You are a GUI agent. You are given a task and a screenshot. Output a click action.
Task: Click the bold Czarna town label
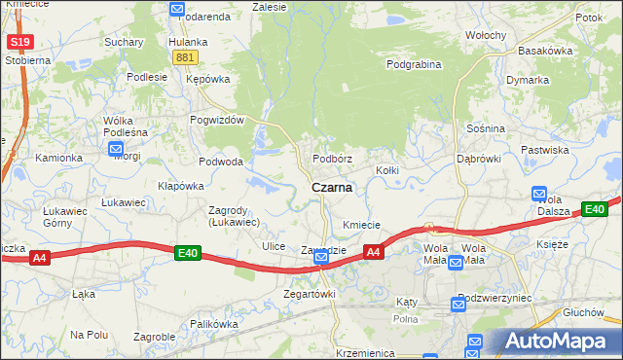point(331,187)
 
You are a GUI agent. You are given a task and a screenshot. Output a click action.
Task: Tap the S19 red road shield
point(19,43)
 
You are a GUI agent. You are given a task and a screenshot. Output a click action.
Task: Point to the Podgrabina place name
point(414,65)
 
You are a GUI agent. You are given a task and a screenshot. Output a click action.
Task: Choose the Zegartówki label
point(309,294)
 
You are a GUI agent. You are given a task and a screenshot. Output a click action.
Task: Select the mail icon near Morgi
point(116,149)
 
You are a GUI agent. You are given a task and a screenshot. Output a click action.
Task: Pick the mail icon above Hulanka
point(176,10)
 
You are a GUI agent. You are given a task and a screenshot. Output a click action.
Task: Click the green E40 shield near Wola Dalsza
point(595,208)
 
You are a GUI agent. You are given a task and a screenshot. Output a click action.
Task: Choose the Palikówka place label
point(214,324)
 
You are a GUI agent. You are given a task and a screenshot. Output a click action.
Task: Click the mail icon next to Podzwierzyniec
point(458,306)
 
